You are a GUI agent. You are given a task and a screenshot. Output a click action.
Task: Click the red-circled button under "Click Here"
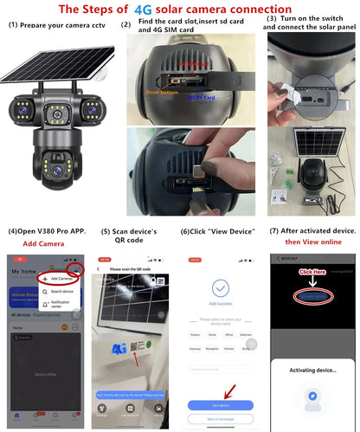(313, 296)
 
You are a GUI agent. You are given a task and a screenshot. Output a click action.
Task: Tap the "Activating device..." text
(312, 367)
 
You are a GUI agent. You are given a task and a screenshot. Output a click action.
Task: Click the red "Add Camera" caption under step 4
(42, 244)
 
